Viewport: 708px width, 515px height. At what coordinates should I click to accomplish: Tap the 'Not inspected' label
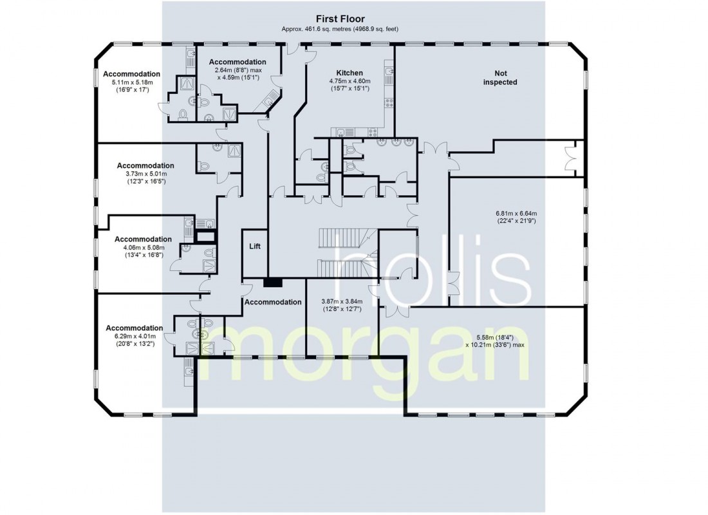[x=500, y=77]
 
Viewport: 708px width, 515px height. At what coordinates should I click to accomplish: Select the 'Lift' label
[x=254, y=246]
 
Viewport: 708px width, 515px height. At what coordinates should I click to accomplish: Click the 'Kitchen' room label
[x=349, y=73]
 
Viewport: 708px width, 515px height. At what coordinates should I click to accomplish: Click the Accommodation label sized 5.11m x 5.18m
[x=131, y=74]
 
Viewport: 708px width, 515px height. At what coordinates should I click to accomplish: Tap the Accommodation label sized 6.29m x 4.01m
[x=134, y=328]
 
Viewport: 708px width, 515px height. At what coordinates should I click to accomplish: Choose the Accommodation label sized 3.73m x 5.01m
[x=145, y=165]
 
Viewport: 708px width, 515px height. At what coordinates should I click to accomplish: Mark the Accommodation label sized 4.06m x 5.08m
[x=143, y=239]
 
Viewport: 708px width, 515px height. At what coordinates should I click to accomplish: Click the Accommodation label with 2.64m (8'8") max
[x=238, y=62]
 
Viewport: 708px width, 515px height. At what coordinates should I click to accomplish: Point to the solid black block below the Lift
[x=272, y=281]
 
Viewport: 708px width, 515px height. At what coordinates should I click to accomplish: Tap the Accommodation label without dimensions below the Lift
[x=273, y=302]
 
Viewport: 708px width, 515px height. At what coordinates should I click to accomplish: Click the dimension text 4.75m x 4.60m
[x=349, y=85]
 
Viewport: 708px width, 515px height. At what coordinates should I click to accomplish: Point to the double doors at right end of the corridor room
[x=570, y=156]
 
